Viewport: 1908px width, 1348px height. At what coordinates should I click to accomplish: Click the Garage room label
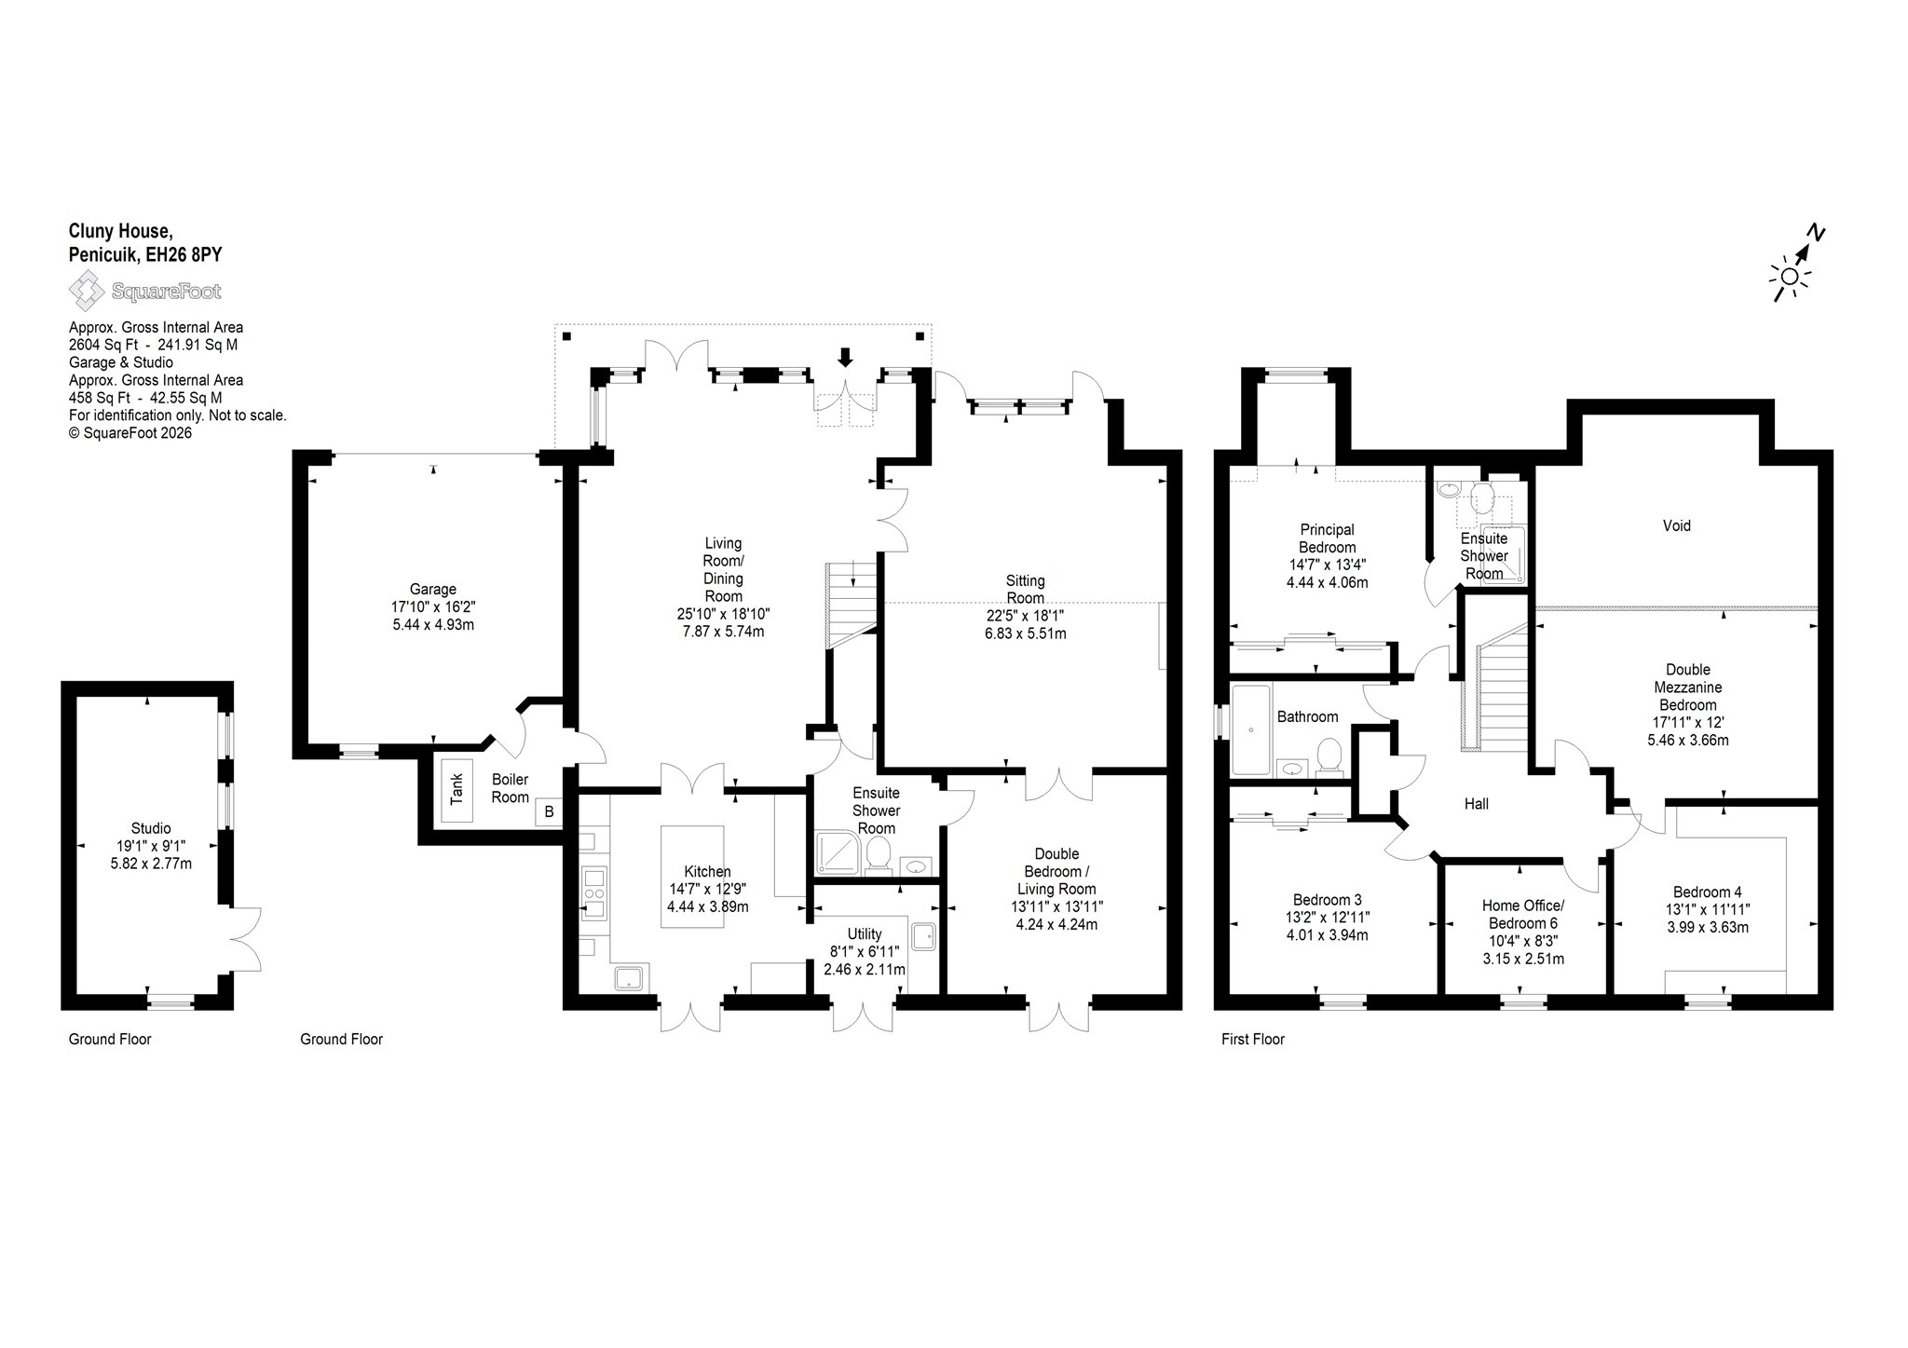coord(433,589)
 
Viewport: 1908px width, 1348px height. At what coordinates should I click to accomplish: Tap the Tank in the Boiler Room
coord(457,789)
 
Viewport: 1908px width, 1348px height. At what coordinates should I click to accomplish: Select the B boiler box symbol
coord(549,811)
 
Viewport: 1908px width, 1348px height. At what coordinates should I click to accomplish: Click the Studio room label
coord(151,828)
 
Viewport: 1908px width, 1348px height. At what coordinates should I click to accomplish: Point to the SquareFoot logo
coord(145,292)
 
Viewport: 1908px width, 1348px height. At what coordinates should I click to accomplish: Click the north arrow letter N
coord(1815,233)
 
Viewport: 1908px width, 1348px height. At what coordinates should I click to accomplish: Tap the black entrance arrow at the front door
coord(845,356)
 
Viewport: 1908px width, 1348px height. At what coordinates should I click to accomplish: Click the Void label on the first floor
coord(1676,525)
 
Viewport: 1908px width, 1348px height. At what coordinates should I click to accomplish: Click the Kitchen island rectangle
coord(692,876)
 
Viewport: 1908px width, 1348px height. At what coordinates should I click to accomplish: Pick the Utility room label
coord(865,933)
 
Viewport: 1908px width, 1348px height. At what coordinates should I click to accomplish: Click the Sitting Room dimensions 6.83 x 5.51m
coord(1025,633)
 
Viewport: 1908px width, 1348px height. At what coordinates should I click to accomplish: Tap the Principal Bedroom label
coord(1328,538)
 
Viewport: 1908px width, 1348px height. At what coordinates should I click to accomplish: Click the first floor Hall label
coord(1476,803)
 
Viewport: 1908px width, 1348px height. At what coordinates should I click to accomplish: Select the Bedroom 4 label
coord(1707,892)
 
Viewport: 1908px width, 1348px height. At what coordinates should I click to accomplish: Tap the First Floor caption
coord(1253,1039)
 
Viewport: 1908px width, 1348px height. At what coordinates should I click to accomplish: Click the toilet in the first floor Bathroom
coord(1329,757)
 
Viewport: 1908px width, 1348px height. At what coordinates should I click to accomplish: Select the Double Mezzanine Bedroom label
coord(1688,687)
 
